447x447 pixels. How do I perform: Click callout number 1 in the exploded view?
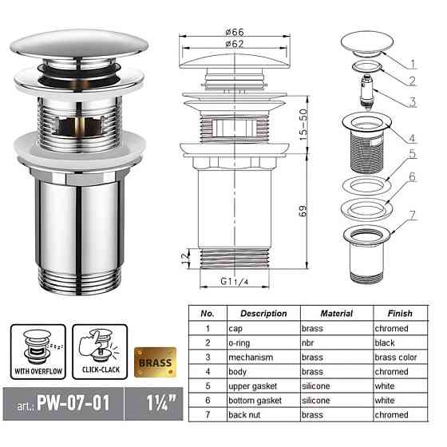click(413, 62)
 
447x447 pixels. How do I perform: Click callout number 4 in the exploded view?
click(413, 136)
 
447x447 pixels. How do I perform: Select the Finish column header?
click(399, 314)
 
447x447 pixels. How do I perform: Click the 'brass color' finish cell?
click(396, 358)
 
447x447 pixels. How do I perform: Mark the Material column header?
click(336, 314)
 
